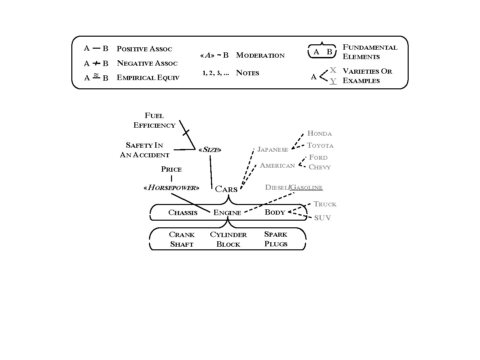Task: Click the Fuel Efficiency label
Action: (x=154, y=120)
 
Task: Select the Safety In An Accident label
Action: (x=145, y=150)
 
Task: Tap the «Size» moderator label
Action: (x=210, y=150)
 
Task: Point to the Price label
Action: (x=171, y=169)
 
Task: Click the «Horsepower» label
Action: (x=171, y=188)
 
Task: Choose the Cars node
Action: (x=226, y=189)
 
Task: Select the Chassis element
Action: (x=183, y=213)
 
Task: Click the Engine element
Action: (x=227, y=213)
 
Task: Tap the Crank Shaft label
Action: (x=182, y=239)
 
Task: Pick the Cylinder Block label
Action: (x=228, y=239)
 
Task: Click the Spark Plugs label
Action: (x=276, y=239)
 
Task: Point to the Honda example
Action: (x=319, y=134)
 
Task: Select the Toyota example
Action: (x=320, y=145)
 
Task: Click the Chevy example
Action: (x=320, y=167)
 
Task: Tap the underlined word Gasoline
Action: (x=306, y=188)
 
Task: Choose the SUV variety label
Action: (x=322, y=218)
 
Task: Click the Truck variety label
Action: (x=325, y=204)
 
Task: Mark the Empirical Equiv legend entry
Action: (x=148, y=78)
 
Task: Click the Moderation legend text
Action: (x=260, y=55)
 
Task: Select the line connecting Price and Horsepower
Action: (x=171, y=179)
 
